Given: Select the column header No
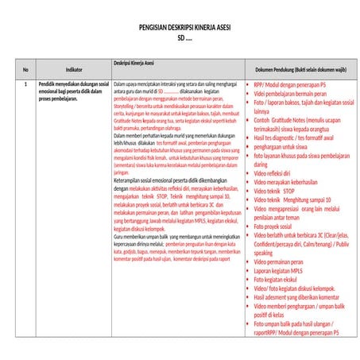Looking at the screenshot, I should (x=25, y=69).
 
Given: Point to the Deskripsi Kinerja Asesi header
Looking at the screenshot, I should (x=134, y=62).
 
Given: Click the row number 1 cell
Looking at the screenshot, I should (x=25, y=83).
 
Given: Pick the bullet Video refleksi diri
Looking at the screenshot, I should (x=272, y=173).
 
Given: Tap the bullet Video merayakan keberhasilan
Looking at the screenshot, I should (x=286, y=182).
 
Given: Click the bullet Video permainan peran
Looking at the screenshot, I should (x=278, y=261).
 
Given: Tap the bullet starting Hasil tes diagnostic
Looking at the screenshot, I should (x=293, y=137).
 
